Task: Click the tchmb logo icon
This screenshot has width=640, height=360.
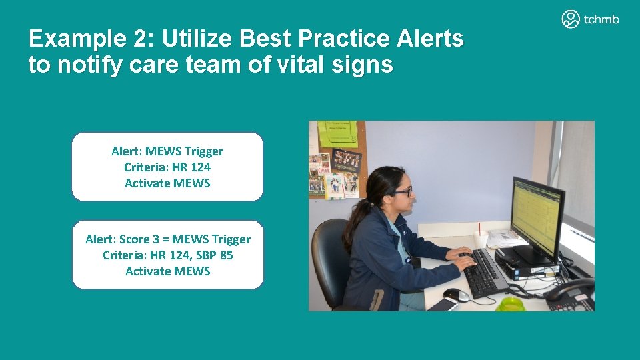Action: point(571,19)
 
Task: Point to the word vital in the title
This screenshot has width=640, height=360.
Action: point(294,65)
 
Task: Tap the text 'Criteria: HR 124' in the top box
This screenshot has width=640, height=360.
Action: point(167,167)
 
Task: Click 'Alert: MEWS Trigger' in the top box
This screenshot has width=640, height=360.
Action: point(167,151)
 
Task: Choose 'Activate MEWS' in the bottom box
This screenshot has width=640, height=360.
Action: point(167,271)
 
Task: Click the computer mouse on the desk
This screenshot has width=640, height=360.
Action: point(455,295)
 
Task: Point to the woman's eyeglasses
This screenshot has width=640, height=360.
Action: point(401,191)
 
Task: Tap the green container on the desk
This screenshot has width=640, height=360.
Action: point(511,304)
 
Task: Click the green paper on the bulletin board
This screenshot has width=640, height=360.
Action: point(337,133)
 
